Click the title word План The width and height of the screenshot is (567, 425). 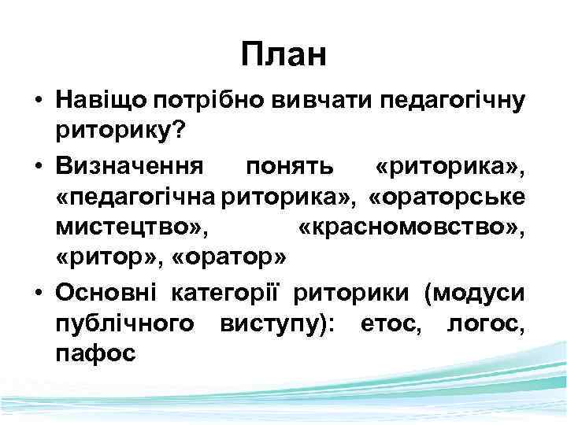pos(283,55)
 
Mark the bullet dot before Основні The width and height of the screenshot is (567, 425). pos(38,295)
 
